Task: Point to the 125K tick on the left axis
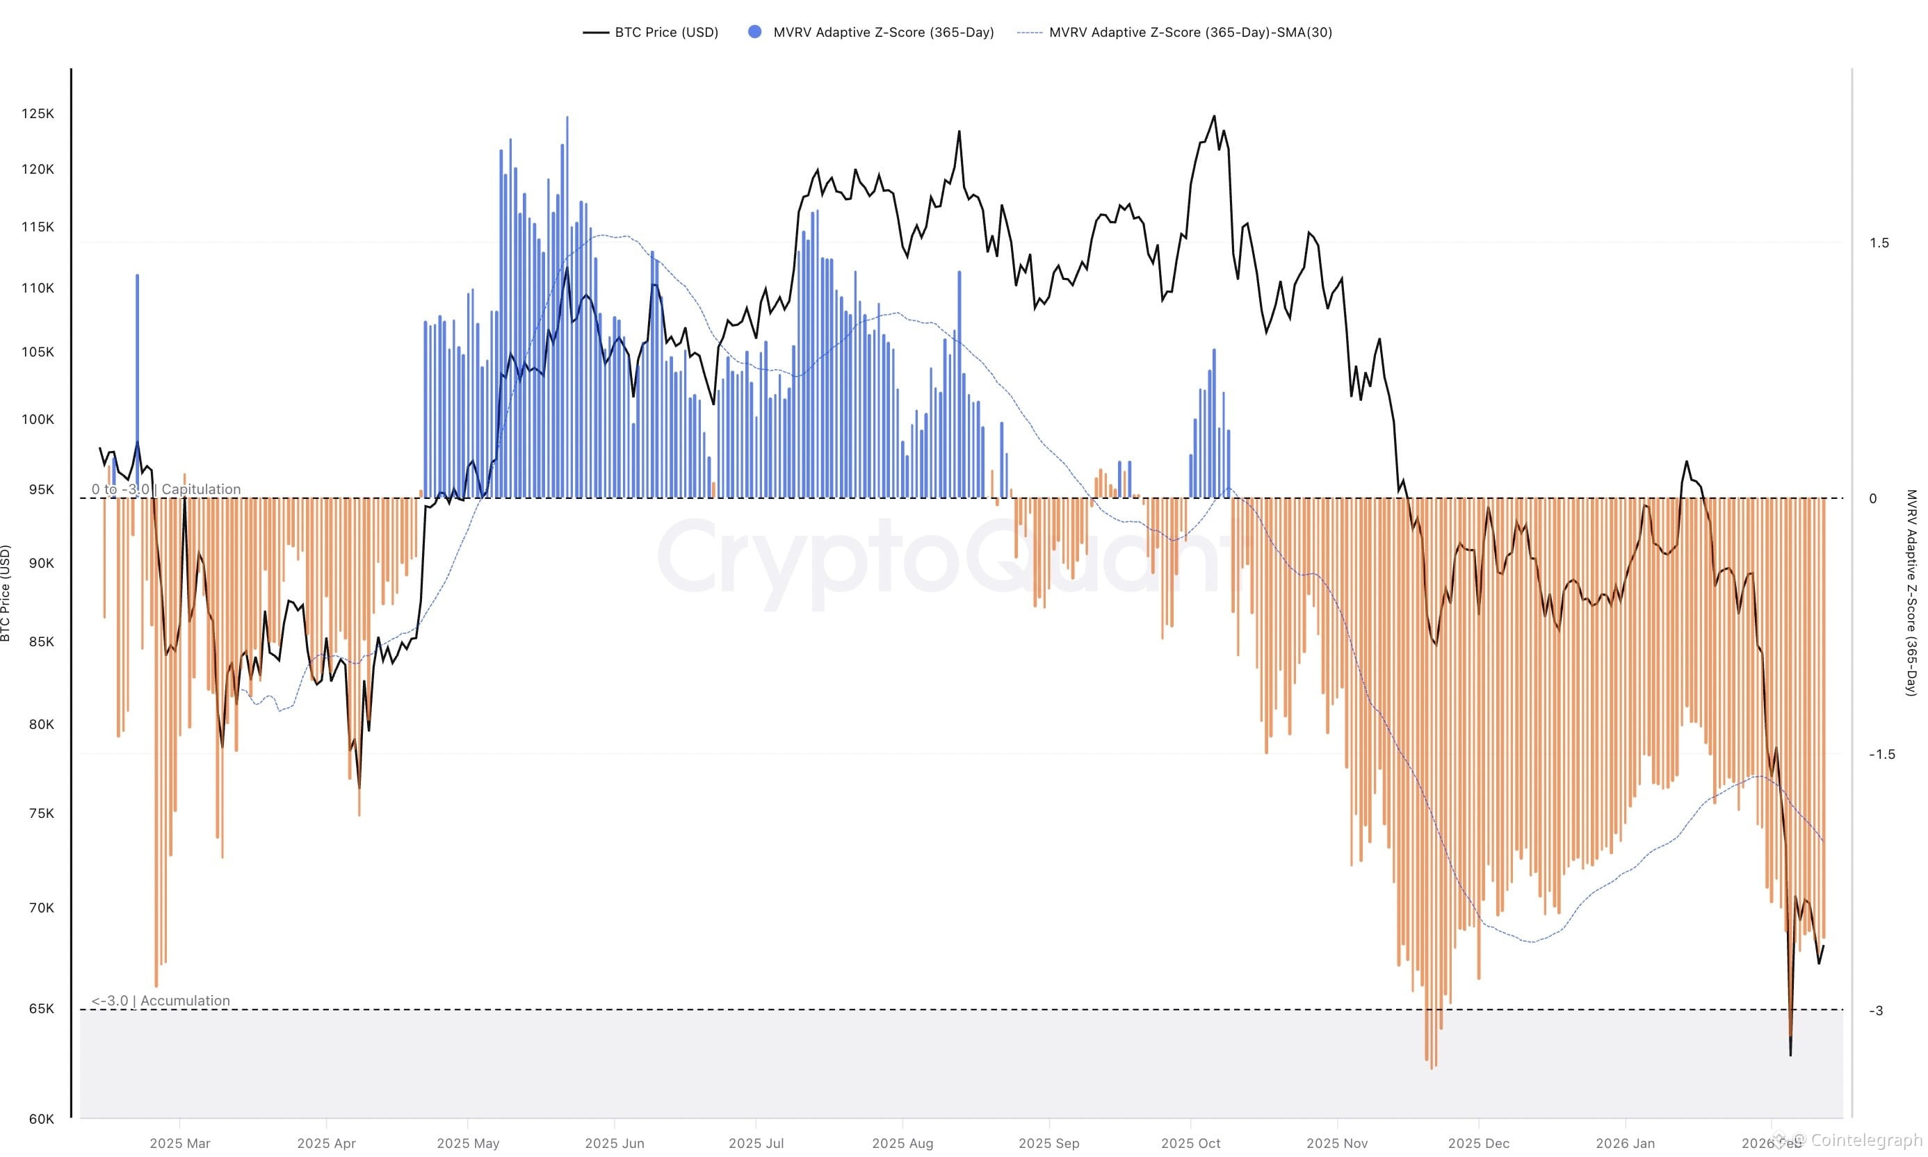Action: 38,114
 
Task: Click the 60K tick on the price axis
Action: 40,1119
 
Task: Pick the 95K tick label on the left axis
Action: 40,490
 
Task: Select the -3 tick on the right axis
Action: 1875,1010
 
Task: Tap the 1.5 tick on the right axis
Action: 1878,243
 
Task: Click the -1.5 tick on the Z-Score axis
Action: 1881,754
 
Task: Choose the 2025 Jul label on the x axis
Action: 755,1143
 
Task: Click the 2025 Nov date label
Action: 1336,1143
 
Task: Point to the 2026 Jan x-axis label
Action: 1624,1143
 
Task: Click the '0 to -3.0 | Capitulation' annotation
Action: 165,489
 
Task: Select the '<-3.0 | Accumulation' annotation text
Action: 160,1000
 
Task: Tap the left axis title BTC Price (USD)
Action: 6,593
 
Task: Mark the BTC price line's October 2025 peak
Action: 1213,117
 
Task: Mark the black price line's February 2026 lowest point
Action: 1790,1055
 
